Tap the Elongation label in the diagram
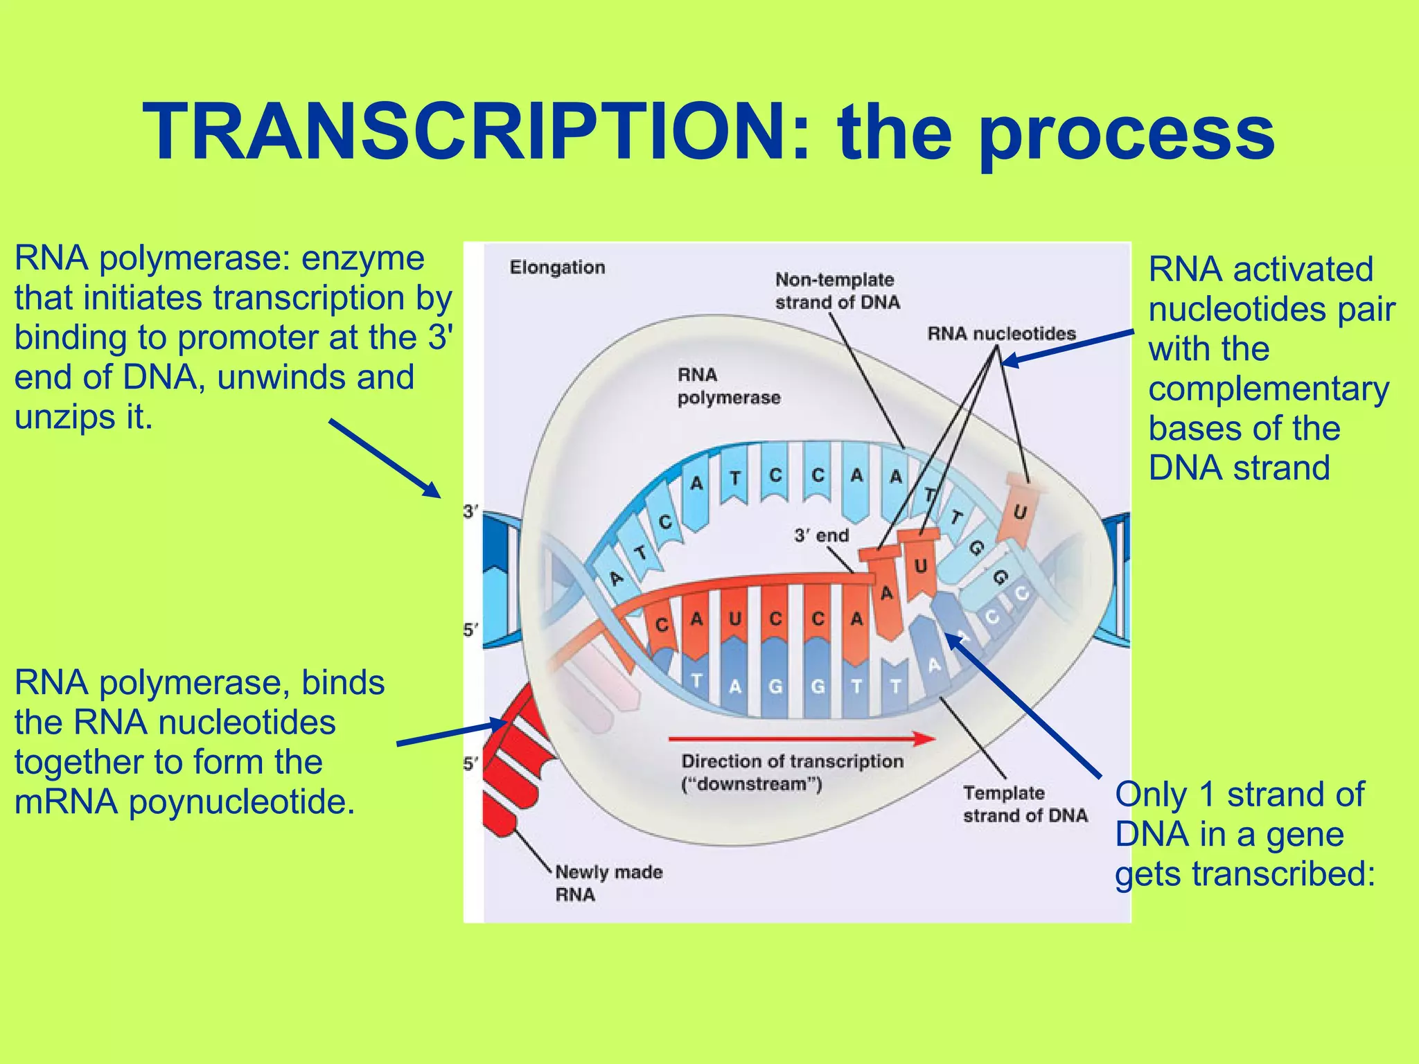tap(557, 267)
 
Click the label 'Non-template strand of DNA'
tap(836, 291)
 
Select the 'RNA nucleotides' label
tap(1001, 334)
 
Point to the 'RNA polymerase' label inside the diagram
tap(728, 386)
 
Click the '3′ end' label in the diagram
tap(821, 535)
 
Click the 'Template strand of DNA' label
tap(1024, 804)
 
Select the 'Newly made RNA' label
tap(608, 883)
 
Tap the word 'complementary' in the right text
tap(1268, 389)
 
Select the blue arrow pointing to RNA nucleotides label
tap(1067, 346)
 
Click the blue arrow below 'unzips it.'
tap(385, 458)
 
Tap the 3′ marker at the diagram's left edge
tap(470, 512)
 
